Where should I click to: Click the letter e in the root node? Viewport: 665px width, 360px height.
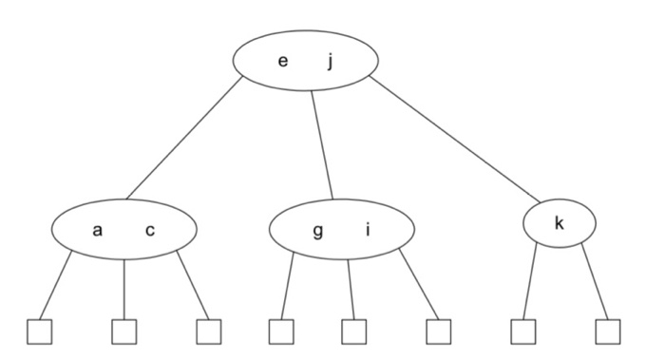(x=282, y=62)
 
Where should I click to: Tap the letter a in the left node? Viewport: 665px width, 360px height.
(x=98, y=231)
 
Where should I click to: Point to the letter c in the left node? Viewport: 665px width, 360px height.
(x=150, y=231)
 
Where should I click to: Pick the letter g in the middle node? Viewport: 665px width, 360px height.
(x=317, y=231)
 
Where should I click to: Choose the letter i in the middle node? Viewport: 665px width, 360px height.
(x=369, y=231)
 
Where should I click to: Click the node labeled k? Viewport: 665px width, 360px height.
(x=560, y=224)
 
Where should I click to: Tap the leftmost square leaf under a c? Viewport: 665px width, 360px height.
(x=39, y=332)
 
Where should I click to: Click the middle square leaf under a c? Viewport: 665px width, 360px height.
(x=124, y=332)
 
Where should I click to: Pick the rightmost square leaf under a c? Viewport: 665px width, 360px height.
(x=208, y=332)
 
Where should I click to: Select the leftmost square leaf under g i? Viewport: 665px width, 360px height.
(x=280, y=332)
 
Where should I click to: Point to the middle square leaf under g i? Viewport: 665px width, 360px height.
(x=354, y=332)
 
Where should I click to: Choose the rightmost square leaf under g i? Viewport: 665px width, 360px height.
(x=437, y=332)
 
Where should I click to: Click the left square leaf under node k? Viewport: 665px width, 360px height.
(x=523, y=332)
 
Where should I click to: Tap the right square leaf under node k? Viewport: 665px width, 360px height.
(x=608, y=332)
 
